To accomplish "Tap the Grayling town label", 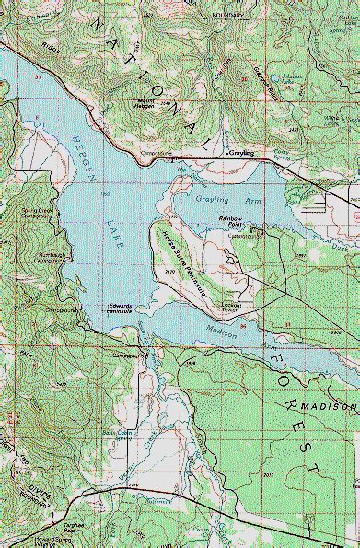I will tap(240, 153).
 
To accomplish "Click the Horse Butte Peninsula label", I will tap(182, 262).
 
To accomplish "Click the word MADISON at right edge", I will tap(338, 408).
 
